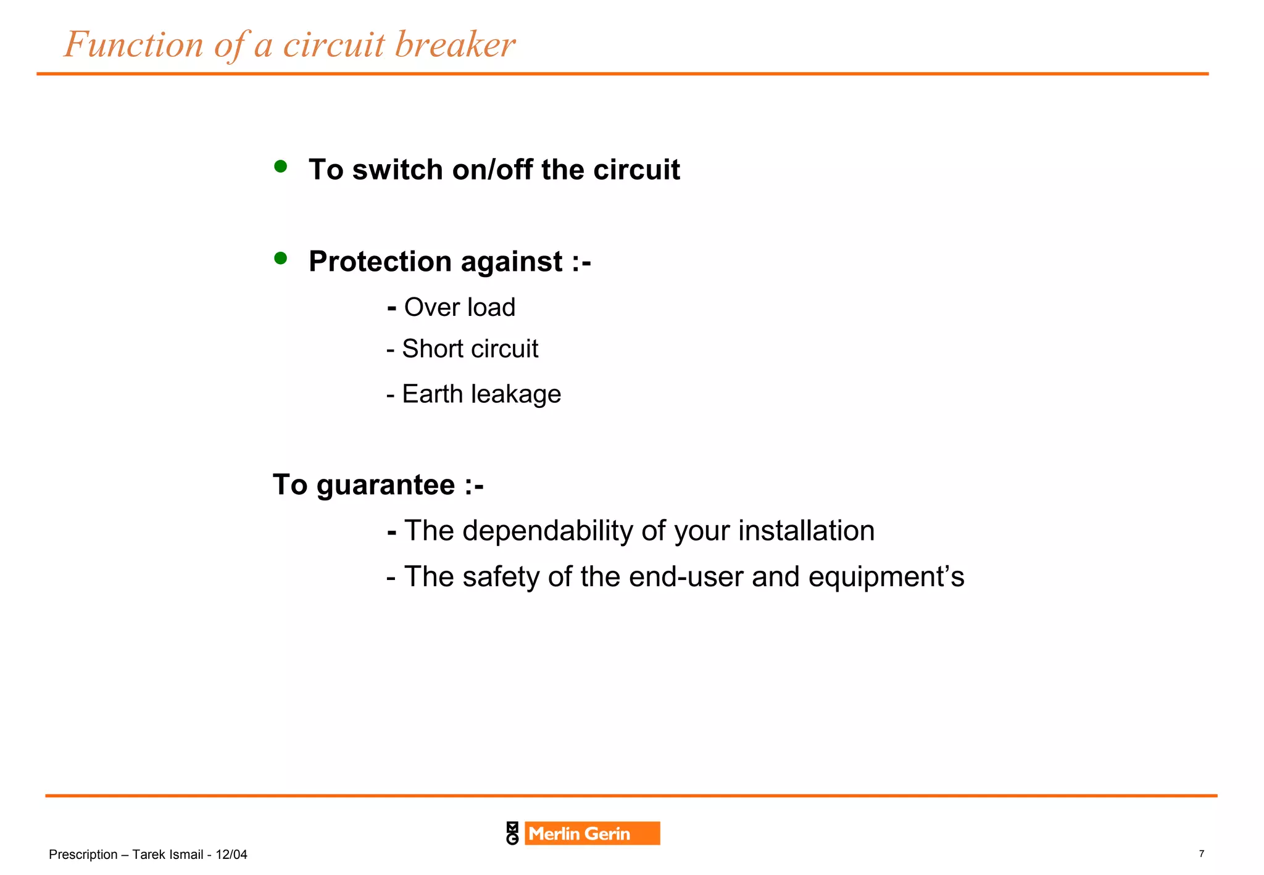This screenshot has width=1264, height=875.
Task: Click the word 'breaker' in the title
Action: (x=454, y=44)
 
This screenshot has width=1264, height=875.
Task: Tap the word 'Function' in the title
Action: (x=134, y=44)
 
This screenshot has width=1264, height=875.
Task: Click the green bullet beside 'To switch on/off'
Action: (x=281, y=166)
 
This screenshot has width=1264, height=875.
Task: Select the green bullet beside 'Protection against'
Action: (x=281, y=258)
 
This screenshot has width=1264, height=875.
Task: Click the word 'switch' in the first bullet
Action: (x=397, y=170)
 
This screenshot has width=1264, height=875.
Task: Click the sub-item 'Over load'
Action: (x=459, y=307)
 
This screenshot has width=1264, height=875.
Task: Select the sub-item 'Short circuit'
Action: (x=470, y=349)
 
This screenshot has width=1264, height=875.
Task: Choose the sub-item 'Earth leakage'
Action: (x=481, y=394)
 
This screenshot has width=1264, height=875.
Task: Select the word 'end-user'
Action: (x=686, y=577)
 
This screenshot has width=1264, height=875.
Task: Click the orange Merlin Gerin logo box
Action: (x=591, y=834)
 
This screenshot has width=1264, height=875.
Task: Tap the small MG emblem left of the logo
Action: (x=512, y=834)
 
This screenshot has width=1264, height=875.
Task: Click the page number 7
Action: (x=1201, y=854)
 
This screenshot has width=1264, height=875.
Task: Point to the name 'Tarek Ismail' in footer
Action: (x=167, y=855)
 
